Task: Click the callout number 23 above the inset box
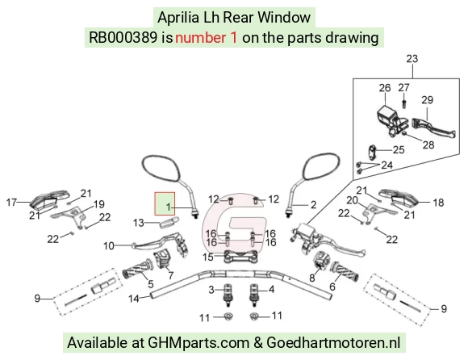412,59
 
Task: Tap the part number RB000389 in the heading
123,38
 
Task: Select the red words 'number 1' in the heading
207,38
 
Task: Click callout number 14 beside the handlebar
134,299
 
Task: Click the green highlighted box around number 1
165,203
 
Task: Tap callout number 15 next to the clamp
208,257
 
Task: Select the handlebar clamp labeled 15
241,257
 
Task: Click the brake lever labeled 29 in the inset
433,128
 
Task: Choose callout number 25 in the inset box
399,149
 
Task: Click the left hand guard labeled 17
49,198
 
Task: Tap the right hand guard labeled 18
399,197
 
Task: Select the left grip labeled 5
137,269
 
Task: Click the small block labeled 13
169,223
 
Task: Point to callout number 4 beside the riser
271,289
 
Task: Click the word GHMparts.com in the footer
198,342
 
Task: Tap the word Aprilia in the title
178,17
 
